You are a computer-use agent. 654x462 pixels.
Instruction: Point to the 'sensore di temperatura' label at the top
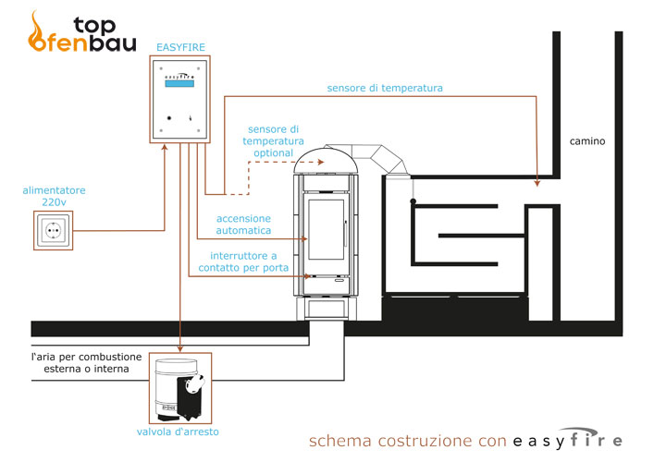[x=385, y=89]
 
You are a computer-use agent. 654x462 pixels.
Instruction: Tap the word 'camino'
[x=586, y=141]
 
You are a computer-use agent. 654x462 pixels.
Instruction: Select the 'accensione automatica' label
[x=243, y=225]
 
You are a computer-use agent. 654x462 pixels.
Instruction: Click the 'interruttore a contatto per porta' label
[x=243, y=261]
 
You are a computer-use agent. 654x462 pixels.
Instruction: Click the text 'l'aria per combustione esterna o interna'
[x=86, y=362]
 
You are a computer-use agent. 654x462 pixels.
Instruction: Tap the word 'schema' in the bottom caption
[x=337, y=440]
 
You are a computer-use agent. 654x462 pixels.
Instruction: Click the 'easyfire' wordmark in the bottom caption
[x=566, y=439]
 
